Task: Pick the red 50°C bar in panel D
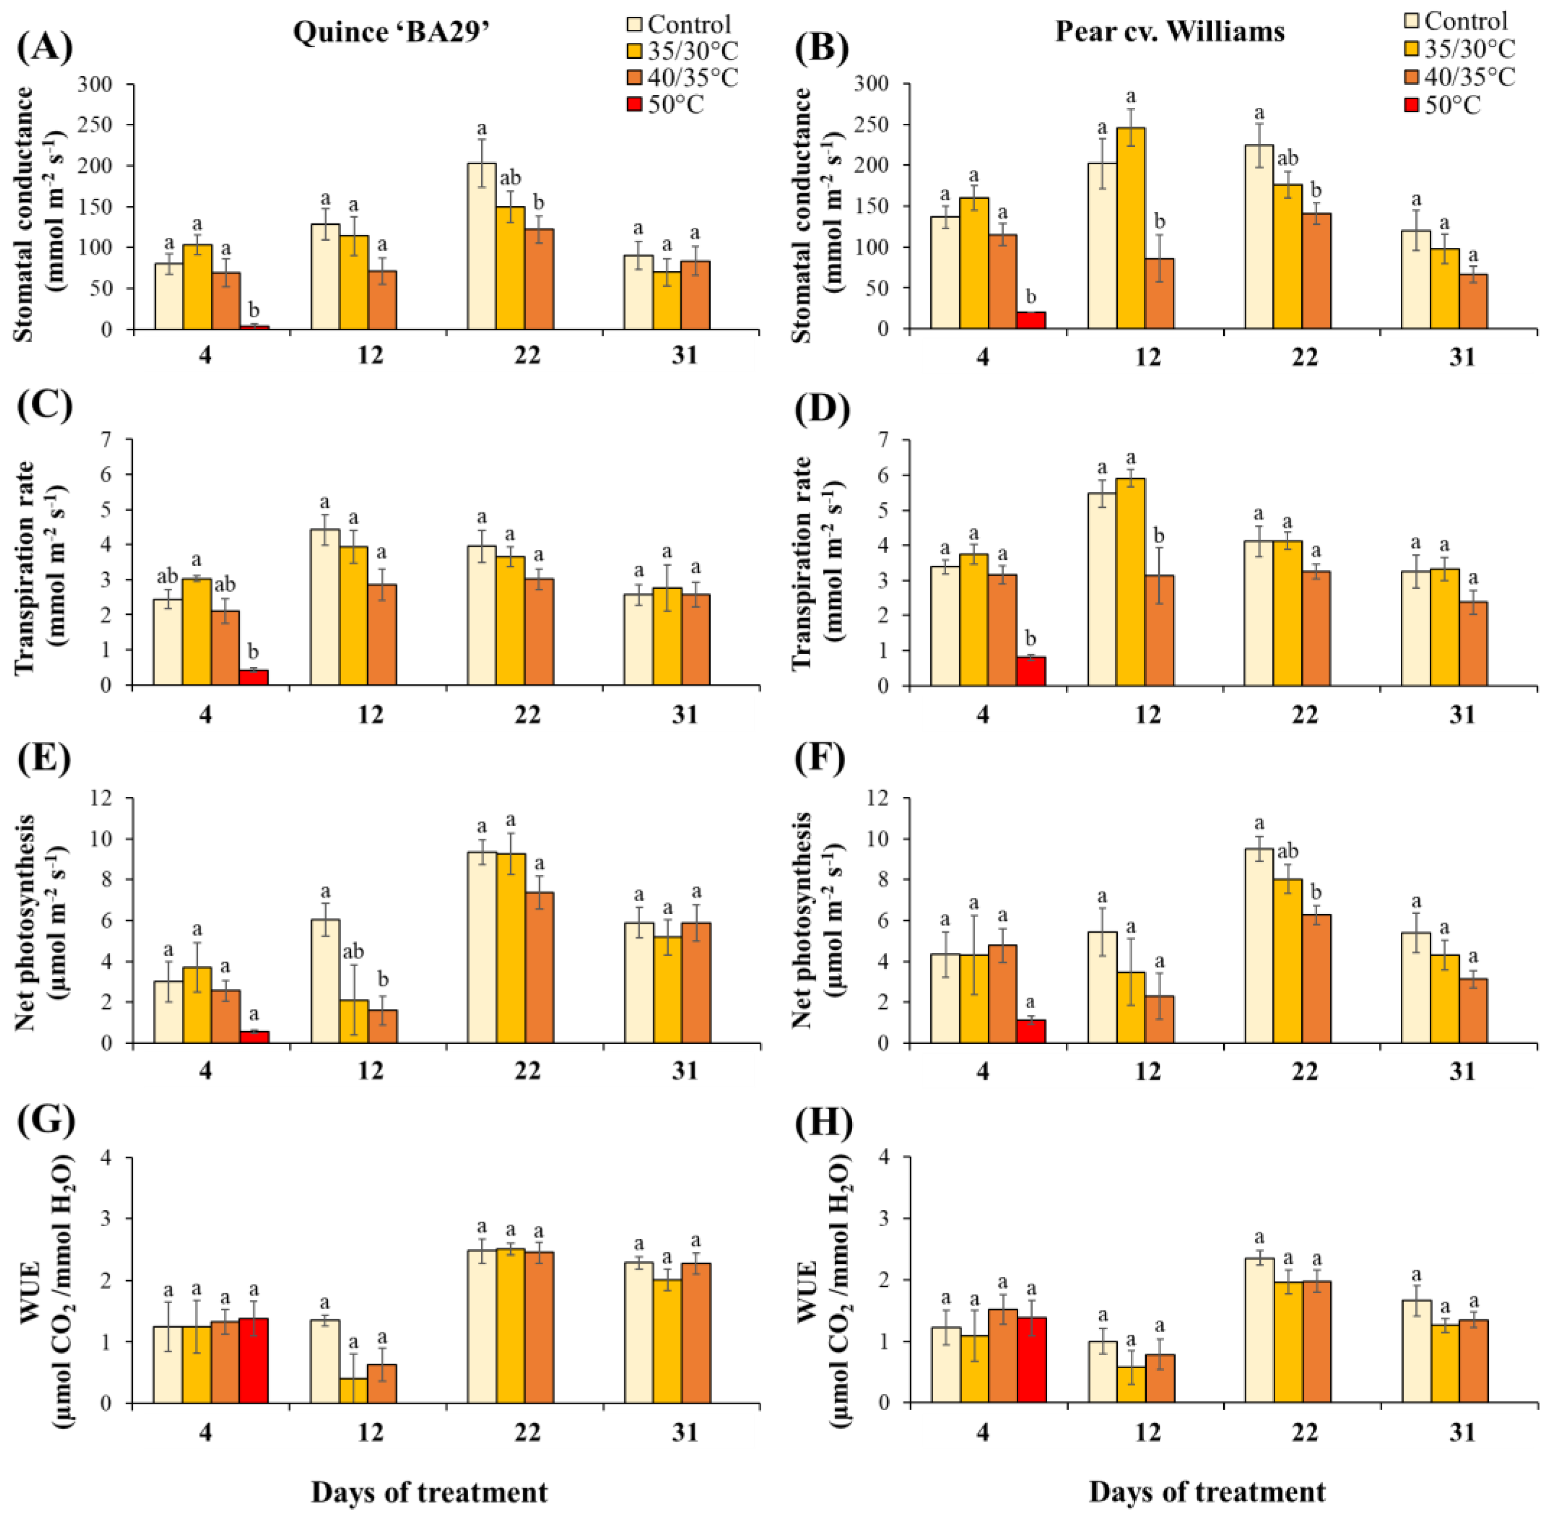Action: pyautogui.click(x=1031, y=671)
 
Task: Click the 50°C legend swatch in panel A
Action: pyautogui.click(x=635, y=105)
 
